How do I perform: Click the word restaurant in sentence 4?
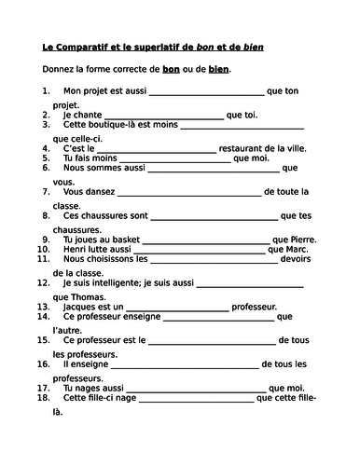click(x=247, y=147)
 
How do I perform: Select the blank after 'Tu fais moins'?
click(x=180, y=159)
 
